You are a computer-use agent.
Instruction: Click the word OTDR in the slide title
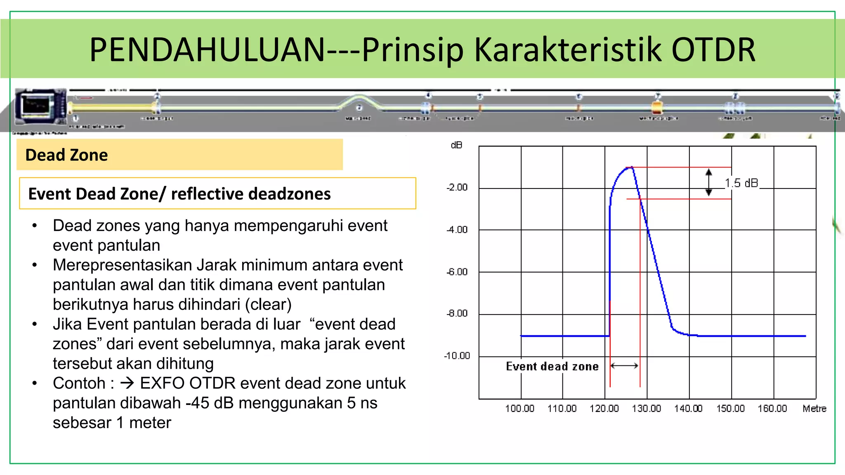pos(713,49)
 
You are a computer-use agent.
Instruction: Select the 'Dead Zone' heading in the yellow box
pos(66,155)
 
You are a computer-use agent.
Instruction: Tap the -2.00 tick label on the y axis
pos(457,187)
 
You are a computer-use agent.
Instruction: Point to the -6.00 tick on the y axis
pos(457,272)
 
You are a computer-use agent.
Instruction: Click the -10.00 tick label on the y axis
pos(457,356)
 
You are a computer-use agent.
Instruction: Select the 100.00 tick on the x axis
pos(519,409)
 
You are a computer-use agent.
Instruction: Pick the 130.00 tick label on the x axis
pos(646,409)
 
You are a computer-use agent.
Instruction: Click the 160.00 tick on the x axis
pos(772,409)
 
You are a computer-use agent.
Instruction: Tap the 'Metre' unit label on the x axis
pos(814,409)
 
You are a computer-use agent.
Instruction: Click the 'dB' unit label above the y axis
pos(456,145)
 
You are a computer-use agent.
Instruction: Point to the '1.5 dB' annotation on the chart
pos(741,183)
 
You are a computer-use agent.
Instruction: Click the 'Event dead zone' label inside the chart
pos(552,367)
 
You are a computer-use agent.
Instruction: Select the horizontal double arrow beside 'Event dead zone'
pos(624,366)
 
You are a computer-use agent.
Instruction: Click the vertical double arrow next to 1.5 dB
pos(708,182)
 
